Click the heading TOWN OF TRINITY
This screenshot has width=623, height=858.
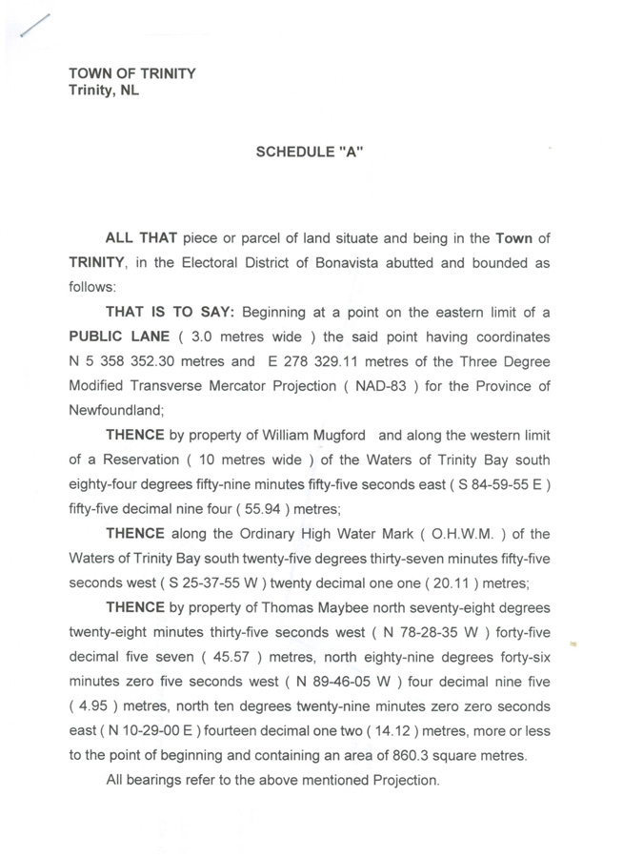coord(131,73)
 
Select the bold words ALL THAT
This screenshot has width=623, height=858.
coord(142,237)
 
